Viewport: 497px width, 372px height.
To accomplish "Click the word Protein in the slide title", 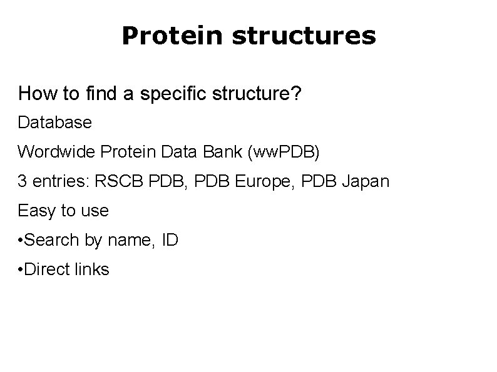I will click(x=172, y=36).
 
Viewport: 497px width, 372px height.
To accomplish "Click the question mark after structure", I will click(x=296, y=94).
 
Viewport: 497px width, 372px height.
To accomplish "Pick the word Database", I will click(x=55, y=123).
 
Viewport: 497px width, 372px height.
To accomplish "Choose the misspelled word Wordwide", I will click(x=55, y=152).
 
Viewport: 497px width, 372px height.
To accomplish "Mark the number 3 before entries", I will click(x=23, y=181).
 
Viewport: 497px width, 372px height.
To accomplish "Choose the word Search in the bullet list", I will click(x=53, y=240).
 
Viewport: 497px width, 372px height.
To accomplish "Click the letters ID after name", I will click(x=170, y=240).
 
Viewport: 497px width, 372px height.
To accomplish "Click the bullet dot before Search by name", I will click(x=21, y=240).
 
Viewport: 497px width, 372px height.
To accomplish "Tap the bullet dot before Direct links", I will click(x=21, y=269).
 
